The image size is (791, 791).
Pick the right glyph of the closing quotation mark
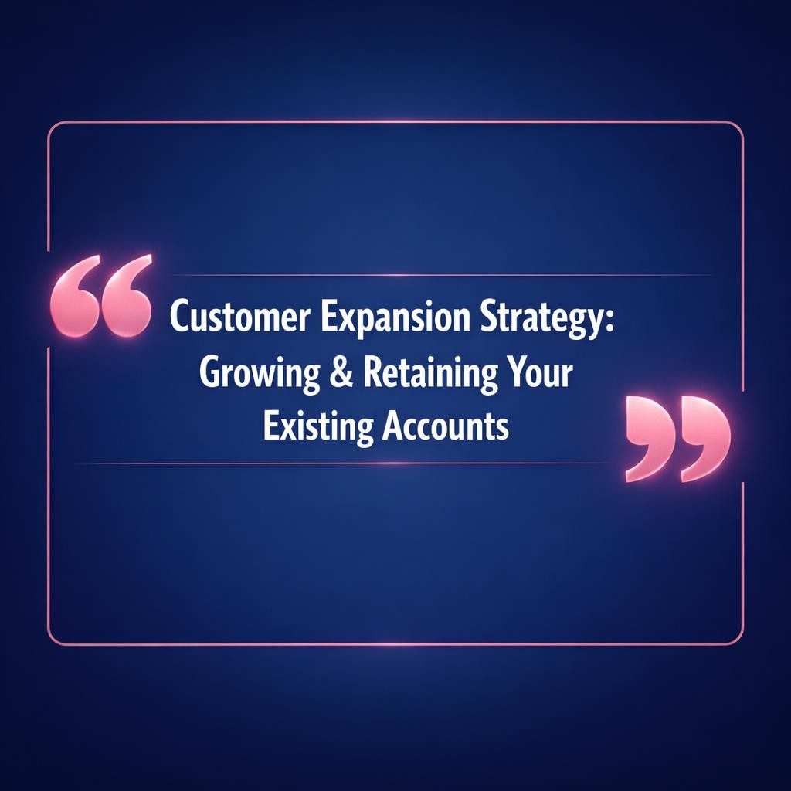pos(703,437)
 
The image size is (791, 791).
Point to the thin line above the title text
pos(433,275)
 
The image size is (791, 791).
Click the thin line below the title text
pos(348,463)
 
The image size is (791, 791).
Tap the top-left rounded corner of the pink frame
pos(53,127)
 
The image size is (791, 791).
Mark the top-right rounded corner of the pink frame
pos(738,127)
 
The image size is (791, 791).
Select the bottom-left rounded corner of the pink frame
pos(53,639)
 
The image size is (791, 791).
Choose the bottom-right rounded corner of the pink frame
pos(738,639)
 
